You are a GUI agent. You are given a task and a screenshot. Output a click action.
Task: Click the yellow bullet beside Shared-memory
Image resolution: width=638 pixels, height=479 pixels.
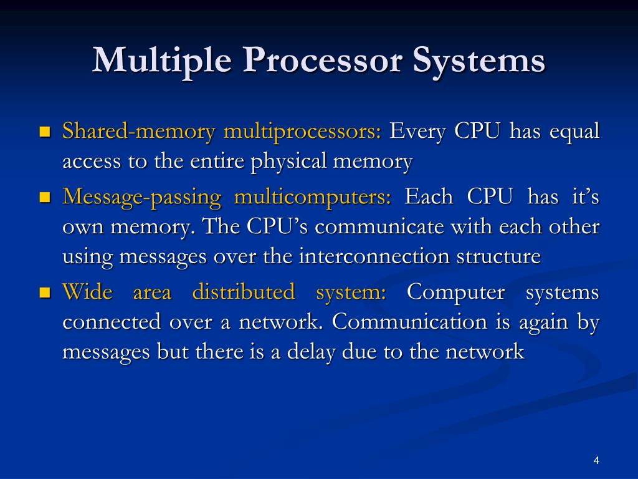tap(44, 132)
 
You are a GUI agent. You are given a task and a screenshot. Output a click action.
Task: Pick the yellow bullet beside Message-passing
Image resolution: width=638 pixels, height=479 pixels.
tap(44, 198)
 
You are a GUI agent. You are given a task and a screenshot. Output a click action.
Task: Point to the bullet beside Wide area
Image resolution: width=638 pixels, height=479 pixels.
tap(44, 292)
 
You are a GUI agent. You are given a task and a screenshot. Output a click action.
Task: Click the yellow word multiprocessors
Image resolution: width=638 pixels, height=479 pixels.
tap(302, 132)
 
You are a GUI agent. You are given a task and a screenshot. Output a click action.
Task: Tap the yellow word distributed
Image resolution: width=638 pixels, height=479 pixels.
tap(243, 291)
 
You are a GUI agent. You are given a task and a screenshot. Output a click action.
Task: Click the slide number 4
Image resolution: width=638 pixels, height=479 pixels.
tap(596, 461)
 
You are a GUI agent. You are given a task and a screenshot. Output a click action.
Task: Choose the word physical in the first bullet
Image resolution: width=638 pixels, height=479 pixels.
tap(289, 162)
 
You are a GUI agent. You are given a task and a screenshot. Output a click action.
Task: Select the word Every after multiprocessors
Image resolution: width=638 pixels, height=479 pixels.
tap(418, 132)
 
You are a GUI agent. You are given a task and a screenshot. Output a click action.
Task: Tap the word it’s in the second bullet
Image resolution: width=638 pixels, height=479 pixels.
tap(585, 197)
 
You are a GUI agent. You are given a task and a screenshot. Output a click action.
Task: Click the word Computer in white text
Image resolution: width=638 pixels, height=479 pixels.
tap(455, 291)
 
